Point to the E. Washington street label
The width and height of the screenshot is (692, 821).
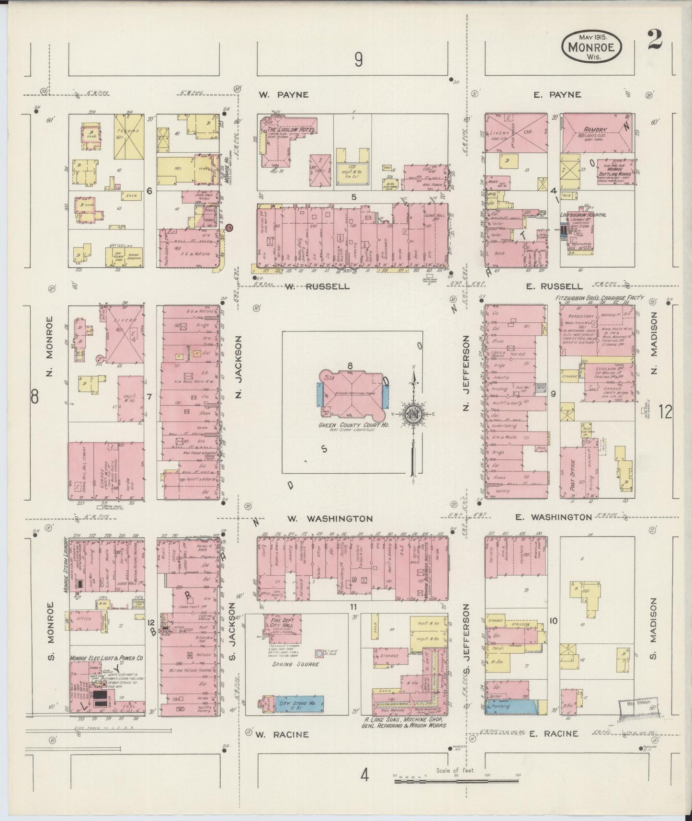pyautogui.click(x=554, y=517)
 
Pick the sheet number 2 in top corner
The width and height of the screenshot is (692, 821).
pyautogui.click(x=654, y=40)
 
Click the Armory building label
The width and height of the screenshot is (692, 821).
pyautogui.click(x=595, y=129)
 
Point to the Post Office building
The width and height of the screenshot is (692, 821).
pyautogui.click(x=576, y=472)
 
